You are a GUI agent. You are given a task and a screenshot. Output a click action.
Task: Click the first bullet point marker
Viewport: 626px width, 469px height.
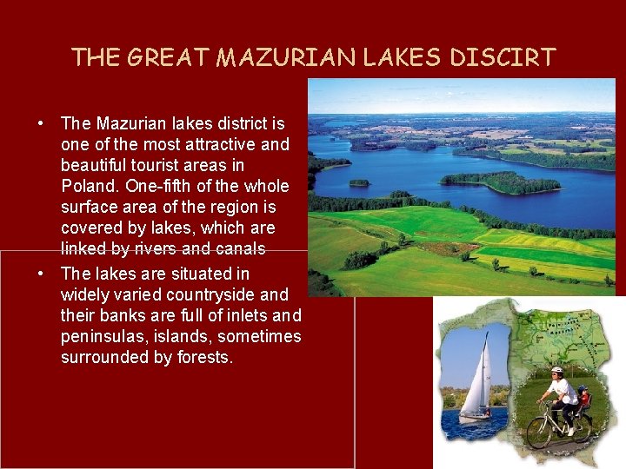tap(41, 123)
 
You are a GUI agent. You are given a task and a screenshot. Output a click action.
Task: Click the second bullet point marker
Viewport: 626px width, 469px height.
tap(41, 274)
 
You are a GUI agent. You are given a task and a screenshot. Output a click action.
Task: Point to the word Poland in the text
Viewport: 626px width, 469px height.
tap(90, 186)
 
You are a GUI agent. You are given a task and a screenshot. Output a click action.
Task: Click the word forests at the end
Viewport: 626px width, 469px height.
tap(203, 357)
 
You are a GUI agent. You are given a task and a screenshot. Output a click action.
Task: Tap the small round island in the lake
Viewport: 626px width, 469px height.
tap(359, 182)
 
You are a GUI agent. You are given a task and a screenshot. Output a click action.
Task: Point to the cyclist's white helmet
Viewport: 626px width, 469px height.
tap(557, 372)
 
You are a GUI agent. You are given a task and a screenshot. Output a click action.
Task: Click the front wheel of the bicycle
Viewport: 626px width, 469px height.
tap(539, 433)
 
